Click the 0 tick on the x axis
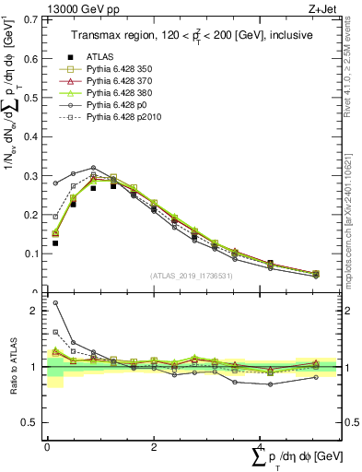47,447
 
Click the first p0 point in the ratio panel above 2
55,302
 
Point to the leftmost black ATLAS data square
55,243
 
